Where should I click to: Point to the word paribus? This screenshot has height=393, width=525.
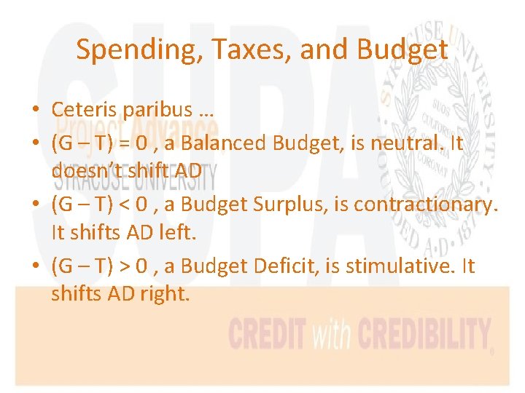(x=156, y=111)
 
